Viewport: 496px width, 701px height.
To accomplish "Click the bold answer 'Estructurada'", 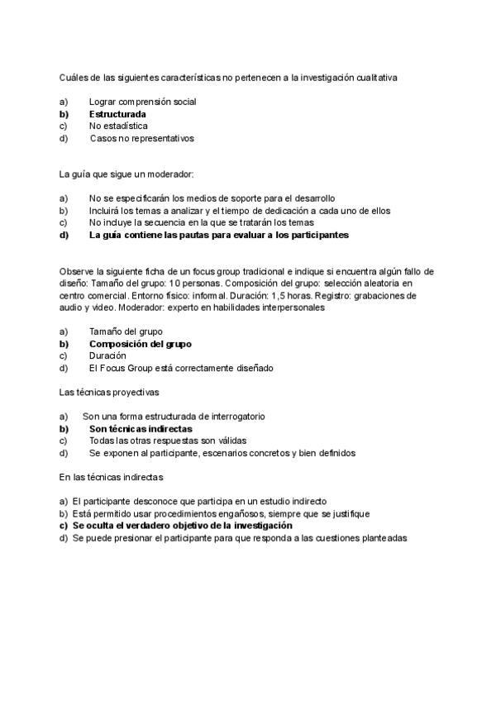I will click(x=117, y=114).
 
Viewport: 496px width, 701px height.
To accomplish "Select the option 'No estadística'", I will click(x=118, y=126).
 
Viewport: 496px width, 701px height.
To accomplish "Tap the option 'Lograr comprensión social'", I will click(x=142, y=102).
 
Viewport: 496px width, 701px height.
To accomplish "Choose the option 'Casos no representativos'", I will click(x=142, y=139).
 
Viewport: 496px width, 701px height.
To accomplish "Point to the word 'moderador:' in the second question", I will click(x=169, y=174).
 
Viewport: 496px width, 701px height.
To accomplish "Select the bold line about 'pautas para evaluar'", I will click(x=218, y=235).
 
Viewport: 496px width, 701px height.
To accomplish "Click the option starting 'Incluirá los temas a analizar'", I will click(x=240, y=211).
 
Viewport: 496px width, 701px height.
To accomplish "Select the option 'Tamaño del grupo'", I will click(x=126, y=331).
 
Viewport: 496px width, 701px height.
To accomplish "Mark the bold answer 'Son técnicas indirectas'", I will click(x=140, y=429).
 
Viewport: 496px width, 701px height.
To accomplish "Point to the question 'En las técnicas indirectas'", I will click(x=112, y=477).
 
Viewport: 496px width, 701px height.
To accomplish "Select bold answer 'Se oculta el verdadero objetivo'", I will click(x=182, y=526).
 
